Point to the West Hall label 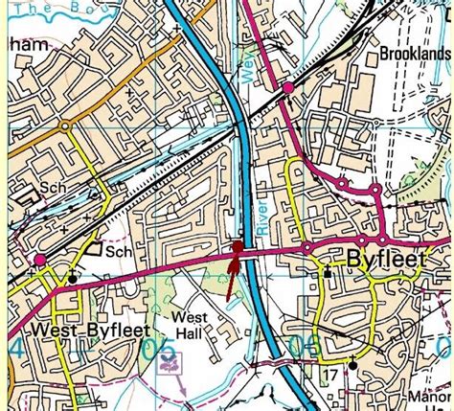[190, 324]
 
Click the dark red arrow [234, 268]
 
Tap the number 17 [331, 372]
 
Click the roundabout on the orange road [64, 126]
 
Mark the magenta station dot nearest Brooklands [287, 89]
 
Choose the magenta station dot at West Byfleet [40, 260]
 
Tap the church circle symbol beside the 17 [352, 364]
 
